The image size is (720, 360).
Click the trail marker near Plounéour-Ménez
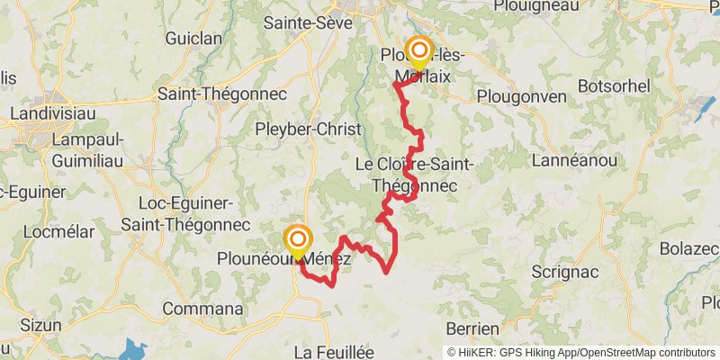pyautogui.click(x=298, y=240)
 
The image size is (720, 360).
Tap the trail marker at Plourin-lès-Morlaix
pyautogui.click(x=418, y=51)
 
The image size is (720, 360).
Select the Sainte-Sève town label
pyautogui.click(x=300, y=22)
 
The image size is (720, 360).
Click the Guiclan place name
pyautogui.click(x=193, y=39)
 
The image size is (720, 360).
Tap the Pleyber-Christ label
pyautogui.click(x=308, y=129)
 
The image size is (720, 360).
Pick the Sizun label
pyautogui.click(x=41, y=325)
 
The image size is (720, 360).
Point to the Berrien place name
pyautogui.click(x=472, y=328)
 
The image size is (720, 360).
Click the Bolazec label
pyautogui.click(x=689, y=247)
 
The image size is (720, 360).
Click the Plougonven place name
pyautogui.click(x=522, y=96)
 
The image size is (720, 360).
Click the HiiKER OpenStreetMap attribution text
pyautogui.click(x=581, y=352)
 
